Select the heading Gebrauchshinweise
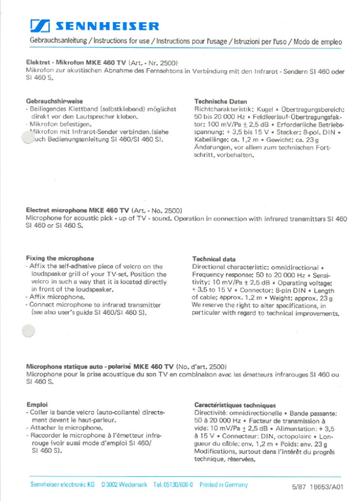click(x=54, y=101)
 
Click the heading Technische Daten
click(x=221, y=102)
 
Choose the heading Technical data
click(x=213, y=259)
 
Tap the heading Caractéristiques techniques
click(x=235, y=405)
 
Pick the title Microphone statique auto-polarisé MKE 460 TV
click(x=100, y=366)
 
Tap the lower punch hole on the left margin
click(x=28, y=331)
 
